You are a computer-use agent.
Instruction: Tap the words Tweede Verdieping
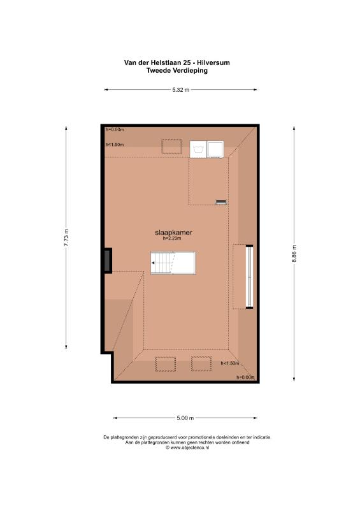(x=177, y=70)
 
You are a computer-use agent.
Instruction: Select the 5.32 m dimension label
(x=180, y=90)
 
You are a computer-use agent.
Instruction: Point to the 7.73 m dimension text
(x=66, y=237)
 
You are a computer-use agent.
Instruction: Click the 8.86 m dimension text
(x=294, y=254)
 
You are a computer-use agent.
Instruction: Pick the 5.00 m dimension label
(x=185, y=418)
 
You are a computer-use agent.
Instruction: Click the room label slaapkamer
(x=173, y=232)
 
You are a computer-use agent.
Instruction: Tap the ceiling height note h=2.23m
(x=172, y=238)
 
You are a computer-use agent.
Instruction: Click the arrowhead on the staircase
(x=153, y=263)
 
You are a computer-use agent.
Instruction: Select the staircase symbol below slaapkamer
(x=173, y=263)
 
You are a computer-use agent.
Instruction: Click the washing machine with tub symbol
(x=198, y=149)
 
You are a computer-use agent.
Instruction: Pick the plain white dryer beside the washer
(x=215, y=149)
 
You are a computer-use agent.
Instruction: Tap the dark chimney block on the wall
(x=108, y=261)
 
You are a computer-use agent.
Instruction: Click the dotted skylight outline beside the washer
(x=171, y=147)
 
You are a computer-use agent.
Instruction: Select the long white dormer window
(x=249, y=277)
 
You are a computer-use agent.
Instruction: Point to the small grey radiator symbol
(x=221, y=202)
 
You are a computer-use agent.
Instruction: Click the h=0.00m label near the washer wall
(x=115, y=129)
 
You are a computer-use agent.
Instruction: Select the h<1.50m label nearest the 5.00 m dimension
(x=230, y=363)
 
